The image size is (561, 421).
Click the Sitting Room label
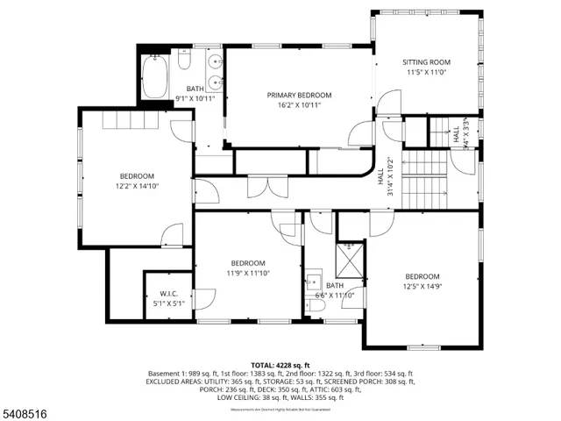pos(426,62)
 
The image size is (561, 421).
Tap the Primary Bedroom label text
pos(299,95)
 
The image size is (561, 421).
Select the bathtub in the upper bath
pos(154,78)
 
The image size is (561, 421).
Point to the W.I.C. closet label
pos(169,294)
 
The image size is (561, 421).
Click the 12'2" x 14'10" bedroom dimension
pos(137,186)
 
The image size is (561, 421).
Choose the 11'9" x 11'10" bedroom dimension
pos(248,273)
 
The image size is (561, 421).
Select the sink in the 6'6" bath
pos(314,282)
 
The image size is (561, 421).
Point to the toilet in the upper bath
pos(184,61)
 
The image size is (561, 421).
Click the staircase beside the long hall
pos(424,180)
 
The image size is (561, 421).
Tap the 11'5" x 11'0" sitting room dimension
pos(426,73)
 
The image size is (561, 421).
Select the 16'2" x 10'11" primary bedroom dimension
pos(299,105)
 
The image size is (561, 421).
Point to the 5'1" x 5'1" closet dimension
pos(169,303)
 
